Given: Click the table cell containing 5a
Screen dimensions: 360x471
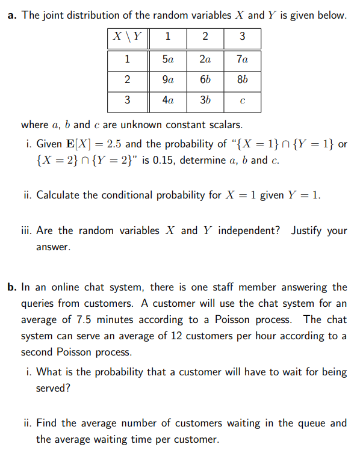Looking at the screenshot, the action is (x=168, y=60).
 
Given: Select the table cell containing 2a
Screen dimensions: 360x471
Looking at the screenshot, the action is (x=205, y=60).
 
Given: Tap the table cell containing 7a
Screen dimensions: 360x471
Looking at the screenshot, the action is (x=242, y=60).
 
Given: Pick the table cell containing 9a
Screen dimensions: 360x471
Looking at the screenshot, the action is (x=168, y=80).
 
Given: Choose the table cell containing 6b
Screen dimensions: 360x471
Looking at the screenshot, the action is (x=205, y=80).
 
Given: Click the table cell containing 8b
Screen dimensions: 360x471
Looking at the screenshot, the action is (x=242, y=80).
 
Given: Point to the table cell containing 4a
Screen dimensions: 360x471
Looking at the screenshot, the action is (x=168, y=100).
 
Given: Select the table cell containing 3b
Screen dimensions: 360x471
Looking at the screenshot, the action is (x=205, y=100).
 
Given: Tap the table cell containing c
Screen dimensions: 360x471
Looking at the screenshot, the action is (x=242, y=101).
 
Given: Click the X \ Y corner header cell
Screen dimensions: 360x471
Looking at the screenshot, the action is (x=128, y=36).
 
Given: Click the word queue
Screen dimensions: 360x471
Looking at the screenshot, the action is (x=279, y=423).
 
